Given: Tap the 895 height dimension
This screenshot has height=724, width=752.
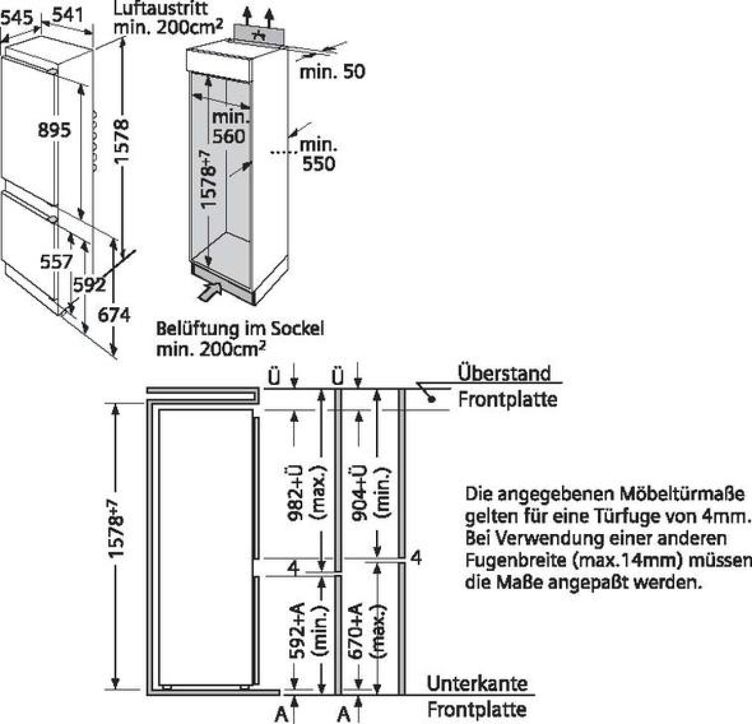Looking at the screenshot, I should coord(55,130).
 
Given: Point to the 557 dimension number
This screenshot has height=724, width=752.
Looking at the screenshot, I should coord(56,261).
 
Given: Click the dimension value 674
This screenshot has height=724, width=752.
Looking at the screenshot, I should coord(114,315).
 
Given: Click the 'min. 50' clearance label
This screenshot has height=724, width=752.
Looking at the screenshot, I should coord(332,71).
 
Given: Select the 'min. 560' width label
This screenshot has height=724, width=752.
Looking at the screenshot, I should coord(229,126).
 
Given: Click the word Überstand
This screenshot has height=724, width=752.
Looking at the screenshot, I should coord(504,373).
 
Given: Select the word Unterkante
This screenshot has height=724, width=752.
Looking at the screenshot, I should coord(477,683).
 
